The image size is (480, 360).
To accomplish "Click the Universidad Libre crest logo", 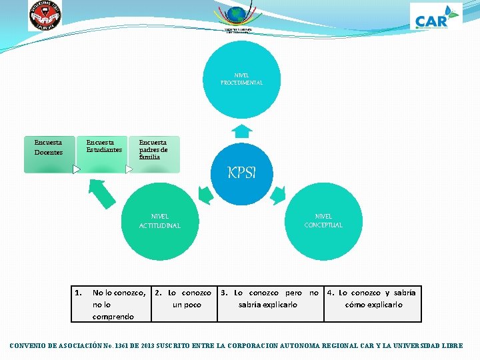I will pos(44,15).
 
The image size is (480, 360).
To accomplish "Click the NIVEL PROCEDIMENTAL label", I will pos(241,79).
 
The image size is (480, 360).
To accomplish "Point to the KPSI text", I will pos(241,173).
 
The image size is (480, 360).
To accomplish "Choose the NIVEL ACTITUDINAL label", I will pos(159,221).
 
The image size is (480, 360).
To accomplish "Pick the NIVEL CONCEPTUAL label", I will pos(323,221).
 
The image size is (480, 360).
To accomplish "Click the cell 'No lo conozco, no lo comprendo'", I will pos(112,304).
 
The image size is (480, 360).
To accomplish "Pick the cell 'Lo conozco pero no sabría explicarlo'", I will pos(270,299).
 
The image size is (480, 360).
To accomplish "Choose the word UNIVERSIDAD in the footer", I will pos(421,346).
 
